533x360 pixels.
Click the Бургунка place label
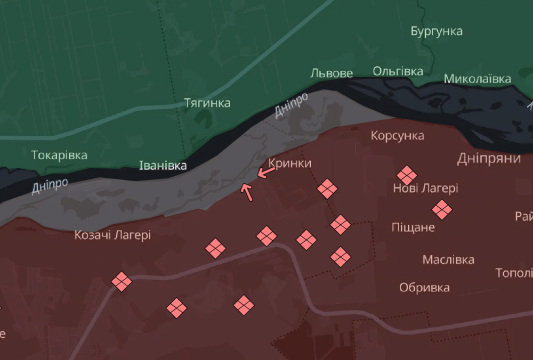tap(437, 31)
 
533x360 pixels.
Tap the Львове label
tap(332, 73)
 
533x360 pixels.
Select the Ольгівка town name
tap(398, 71)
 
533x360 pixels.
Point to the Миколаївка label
tap(478, 79)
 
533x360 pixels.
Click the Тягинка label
tap(207, 103)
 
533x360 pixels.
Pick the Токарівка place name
tap(59, 156)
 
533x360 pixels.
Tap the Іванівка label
tap(163, 166)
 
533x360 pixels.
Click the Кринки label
tap(290, 163)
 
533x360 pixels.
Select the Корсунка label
tap(398, 135)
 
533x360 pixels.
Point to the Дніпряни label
tap(489, 158)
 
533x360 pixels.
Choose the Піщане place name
tap(413, 227)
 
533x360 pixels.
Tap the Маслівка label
tap(448, 260)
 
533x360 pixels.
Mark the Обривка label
tap(425, 288)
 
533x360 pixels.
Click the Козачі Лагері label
tap(112, 234)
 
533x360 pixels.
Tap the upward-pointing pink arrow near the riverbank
tap(247, 192)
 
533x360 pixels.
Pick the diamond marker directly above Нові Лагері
tap(407, 175)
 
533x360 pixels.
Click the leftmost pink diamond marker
tap(122, 281)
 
